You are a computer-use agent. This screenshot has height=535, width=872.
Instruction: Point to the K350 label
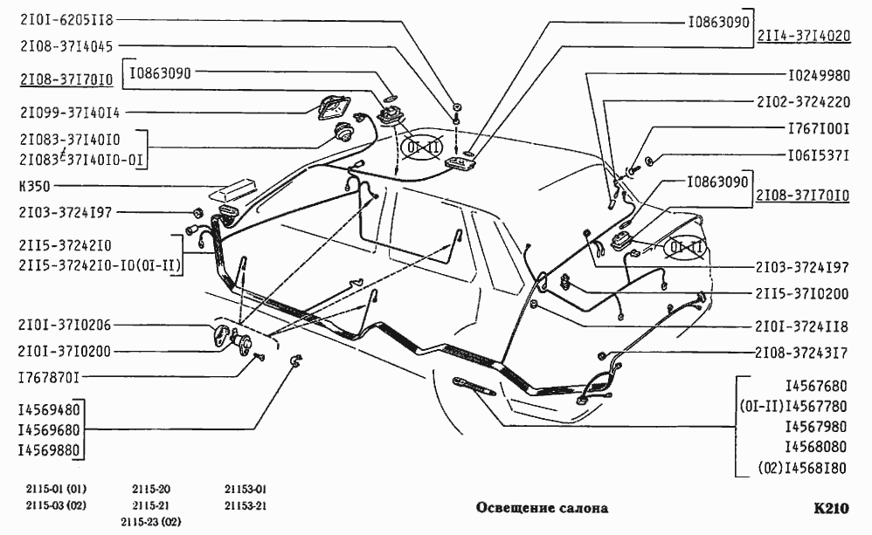tap(32, 186)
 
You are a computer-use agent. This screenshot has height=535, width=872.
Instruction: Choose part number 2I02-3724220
tap(802, 101)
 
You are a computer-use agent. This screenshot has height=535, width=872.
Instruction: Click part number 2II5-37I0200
tap(801, 292)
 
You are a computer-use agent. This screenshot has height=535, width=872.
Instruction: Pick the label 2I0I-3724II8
tap(801, 326)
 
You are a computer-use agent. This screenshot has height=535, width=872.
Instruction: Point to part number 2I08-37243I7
tap(801, 353)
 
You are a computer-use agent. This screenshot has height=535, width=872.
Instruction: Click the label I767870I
tap(49, 377)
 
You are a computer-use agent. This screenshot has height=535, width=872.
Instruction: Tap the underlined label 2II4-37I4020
tap(803, 37)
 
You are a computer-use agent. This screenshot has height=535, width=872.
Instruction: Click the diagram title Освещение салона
tap(542, 508)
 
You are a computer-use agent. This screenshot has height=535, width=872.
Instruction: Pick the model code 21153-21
tap(245, 505)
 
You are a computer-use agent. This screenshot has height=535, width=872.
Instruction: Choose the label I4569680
tap(49, 429)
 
